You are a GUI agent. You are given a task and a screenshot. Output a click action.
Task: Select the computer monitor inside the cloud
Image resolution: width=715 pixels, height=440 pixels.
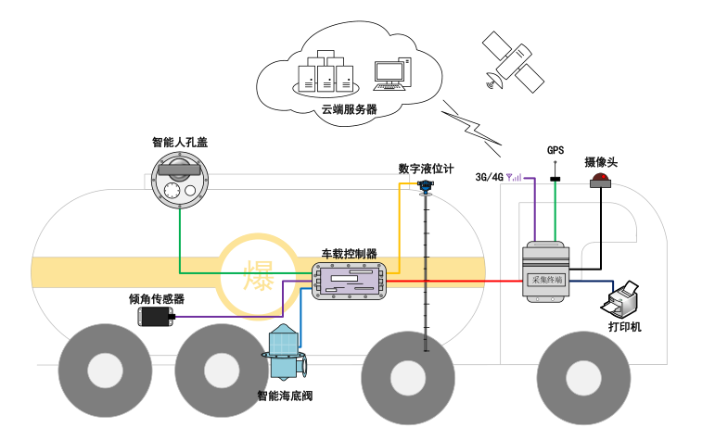coord(390,73)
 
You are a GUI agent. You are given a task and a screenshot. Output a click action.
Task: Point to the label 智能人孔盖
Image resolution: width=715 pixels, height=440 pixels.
coord(180,143)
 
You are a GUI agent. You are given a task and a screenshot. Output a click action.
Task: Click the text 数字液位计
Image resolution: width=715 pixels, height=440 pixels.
coord(426,169)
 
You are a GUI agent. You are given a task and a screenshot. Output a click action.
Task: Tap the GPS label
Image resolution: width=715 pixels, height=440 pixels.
coord(555,150)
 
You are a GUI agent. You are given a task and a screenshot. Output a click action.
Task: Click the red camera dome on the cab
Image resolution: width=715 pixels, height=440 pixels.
coord(602,179)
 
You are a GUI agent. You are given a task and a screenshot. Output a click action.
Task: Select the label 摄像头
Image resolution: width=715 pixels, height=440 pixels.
coord(601,161)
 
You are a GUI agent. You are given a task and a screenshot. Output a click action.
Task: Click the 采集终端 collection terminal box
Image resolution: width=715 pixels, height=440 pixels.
coord(545,272)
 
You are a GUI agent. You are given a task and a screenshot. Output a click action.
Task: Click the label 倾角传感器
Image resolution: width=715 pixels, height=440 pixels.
coord(157,299)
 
